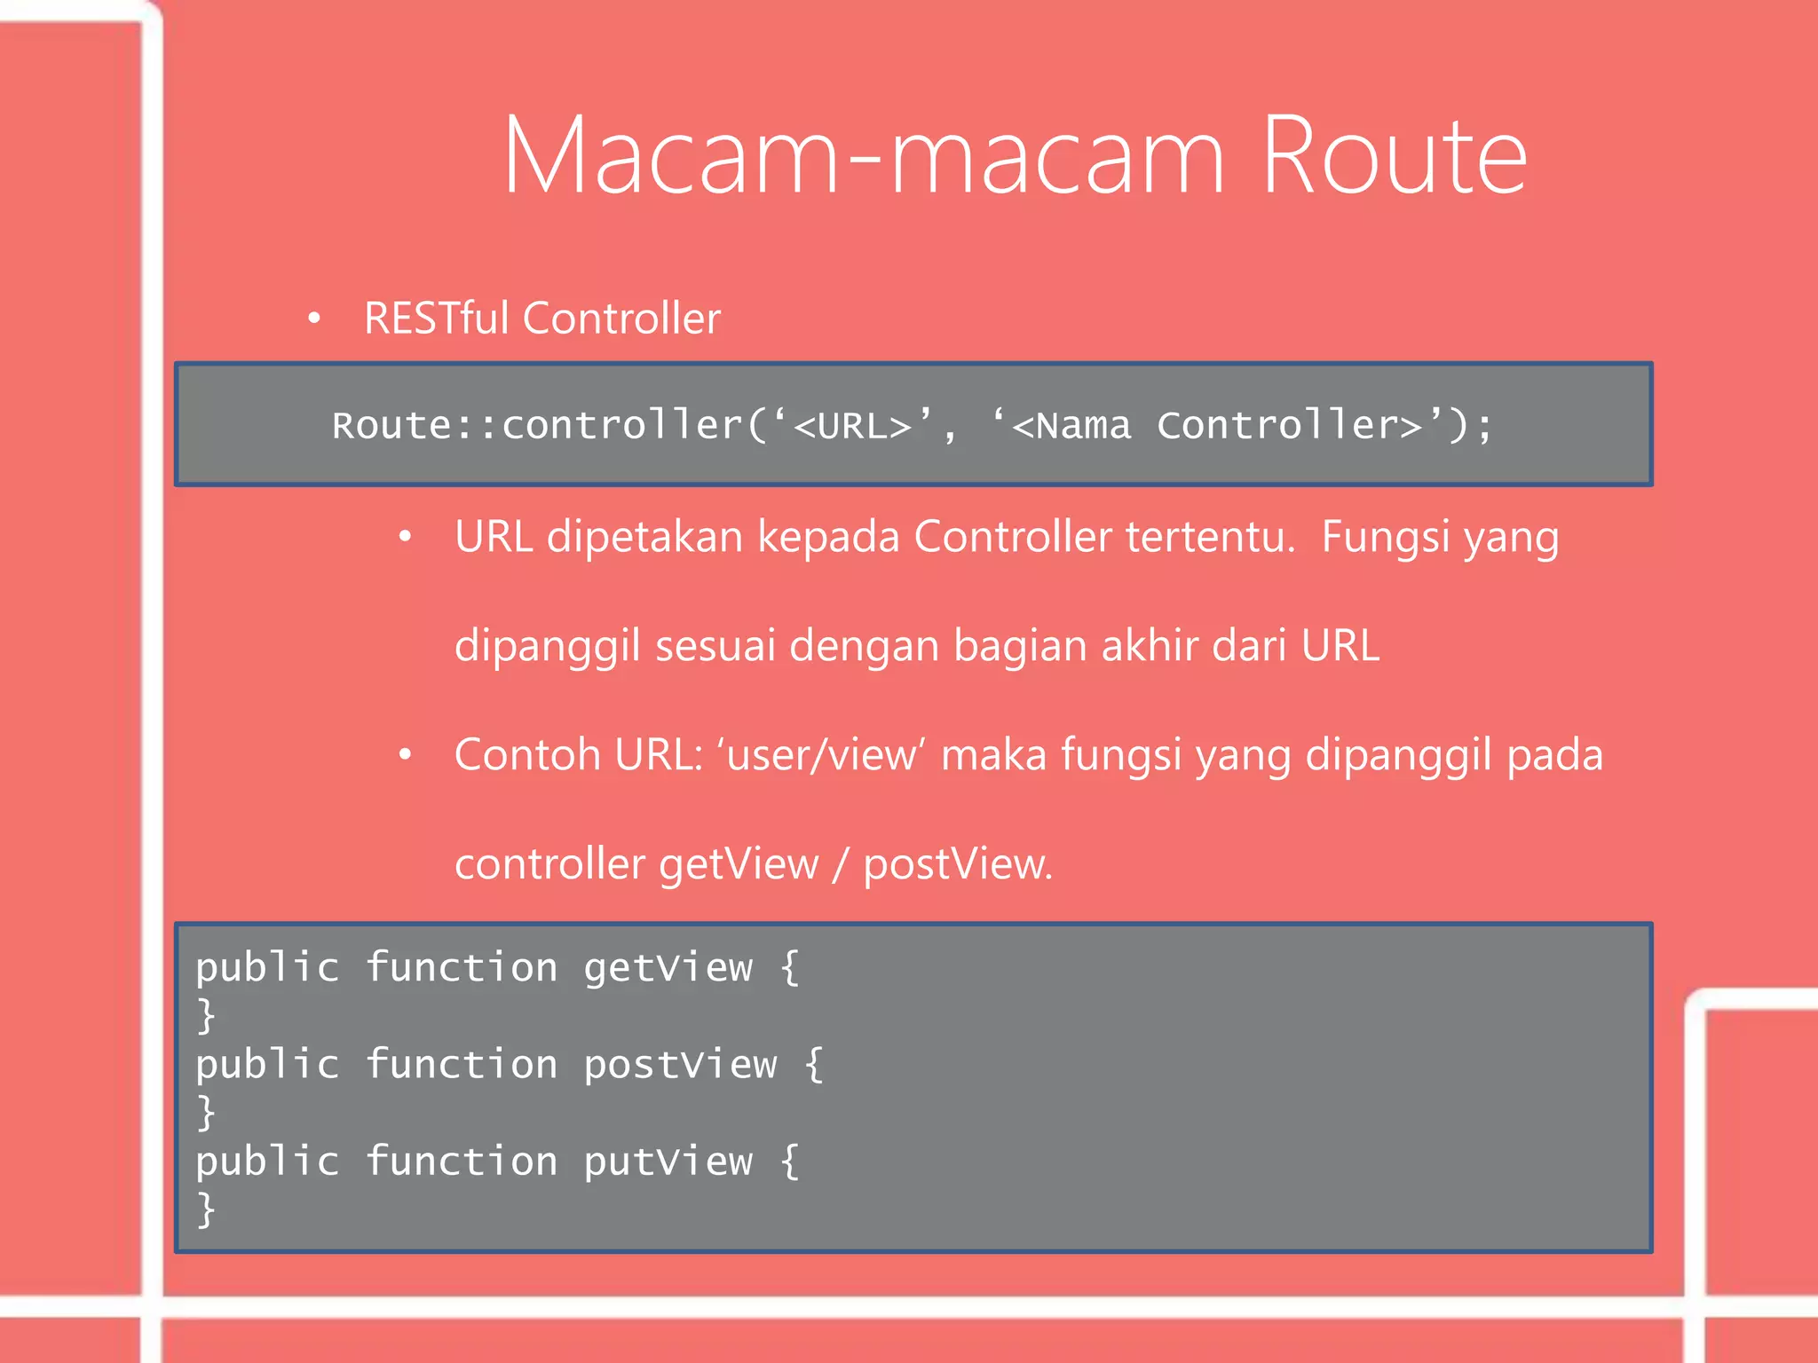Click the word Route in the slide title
[x=1394, y=156]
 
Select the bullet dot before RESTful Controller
[x=313, y=318]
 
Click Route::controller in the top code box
[x=537, y=425]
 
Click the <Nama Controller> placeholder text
[x=1217, y=425]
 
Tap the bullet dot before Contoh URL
[x=405, y=754]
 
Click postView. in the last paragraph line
[x=958, y=864]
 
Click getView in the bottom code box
[x=668, y=967]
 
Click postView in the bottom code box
[x=680, y=1064]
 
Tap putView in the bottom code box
[x=668, y=1161]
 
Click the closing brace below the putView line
[x=206, y=1209]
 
